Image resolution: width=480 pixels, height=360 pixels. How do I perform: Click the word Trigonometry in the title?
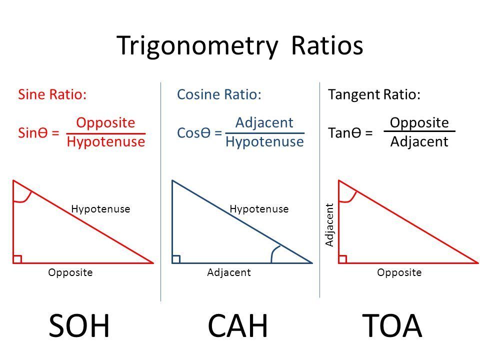pos(196,46)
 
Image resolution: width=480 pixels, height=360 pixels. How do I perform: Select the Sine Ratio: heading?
pos(52,95)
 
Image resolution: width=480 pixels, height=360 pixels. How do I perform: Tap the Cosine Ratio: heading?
pos(219,95)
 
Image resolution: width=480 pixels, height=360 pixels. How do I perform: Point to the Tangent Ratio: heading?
pos(374,95)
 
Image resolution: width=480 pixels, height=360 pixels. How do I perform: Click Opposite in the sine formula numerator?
pos(105,123)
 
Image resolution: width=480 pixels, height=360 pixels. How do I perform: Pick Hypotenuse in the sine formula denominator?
pos(105,142)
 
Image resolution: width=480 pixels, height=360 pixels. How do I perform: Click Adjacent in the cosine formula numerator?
pos(264,123)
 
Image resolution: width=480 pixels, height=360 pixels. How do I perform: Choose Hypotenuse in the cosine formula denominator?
pos(264,142)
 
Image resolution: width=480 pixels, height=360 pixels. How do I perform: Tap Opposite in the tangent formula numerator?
pos(419,123)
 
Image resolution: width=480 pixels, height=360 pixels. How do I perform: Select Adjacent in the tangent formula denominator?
pos(419,142)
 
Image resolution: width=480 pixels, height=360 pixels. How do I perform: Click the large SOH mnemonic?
pos(79,326)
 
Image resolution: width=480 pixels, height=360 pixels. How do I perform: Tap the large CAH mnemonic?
pos(238,326)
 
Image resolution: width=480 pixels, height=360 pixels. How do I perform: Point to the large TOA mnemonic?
pos(392,326)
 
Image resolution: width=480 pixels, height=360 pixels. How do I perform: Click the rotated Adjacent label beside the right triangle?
pos(329,224)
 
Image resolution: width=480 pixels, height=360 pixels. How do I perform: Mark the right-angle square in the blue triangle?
pos(176,258)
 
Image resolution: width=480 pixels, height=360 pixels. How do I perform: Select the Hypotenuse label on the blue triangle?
pos(259,209)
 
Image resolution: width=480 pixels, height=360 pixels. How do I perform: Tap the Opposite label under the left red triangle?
pos(70,272)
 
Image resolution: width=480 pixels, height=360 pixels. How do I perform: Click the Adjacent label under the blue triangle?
pos(228,272)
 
